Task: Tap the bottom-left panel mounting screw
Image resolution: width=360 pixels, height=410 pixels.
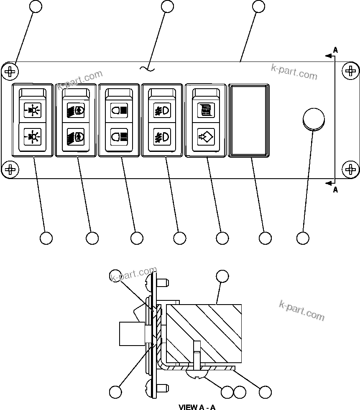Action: (10, 169)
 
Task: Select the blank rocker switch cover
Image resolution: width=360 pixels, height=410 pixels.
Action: (248, 120)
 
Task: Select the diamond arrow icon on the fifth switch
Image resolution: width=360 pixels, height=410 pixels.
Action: (205, 136)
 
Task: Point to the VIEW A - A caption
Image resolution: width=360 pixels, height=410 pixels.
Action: (197, 407)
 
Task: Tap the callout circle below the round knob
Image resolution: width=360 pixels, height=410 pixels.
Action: (303, 238)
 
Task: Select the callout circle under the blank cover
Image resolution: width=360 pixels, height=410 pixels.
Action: (265, 238)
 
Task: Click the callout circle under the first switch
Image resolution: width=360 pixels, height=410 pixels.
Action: (46, 238)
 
